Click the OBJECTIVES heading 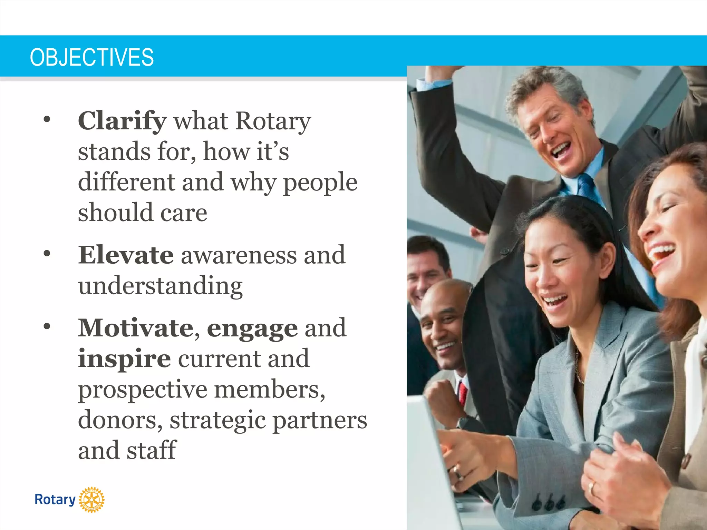[92, 57]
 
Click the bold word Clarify [122, 121]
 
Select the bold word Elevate [126, 255]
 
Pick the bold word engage [252, 328]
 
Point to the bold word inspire [124, 359]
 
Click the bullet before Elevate [47, 254]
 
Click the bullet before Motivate [47, 326]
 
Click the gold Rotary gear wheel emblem [91, 500]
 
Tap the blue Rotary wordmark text [55, 500]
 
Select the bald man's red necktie [463, 393]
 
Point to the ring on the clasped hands [591, 488]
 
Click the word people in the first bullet [320, 183]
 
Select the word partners [319, 420]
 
